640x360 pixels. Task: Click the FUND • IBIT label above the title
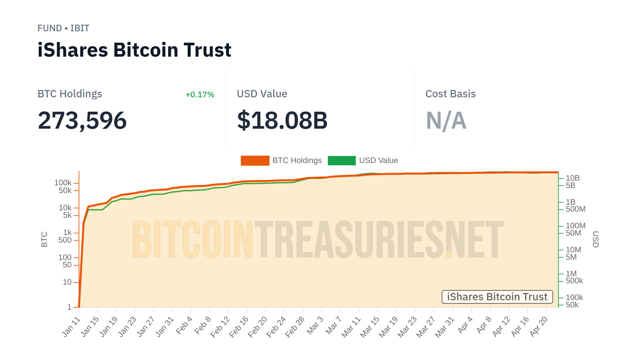(63, 28)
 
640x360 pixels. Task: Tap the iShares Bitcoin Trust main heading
(134, 50)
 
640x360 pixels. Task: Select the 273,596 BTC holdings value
(82, 120)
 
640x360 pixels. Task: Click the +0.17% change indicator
(200, 95)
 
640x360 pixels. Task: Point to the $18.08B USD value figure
(282, 120)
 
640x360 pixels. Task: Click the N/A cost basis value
(446, 120)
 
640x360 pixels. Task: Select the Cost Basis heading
(450, 94)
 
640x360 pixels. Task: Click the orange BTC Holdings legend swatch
(255, 161)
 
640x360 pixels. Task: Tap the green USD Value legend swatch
(342, 161)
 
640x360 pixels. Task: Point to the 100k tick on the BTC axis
(63, 183)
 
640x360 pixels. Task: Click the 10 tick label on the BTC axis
(67, 282)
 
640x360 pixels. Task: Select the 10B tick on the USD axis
(573, 178)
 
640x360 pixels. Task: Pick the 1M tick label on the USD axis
(571, 274)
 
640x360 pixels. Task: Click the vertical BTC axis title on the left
(44, 239)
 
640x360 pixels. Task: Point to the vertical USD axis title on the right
(596, 239)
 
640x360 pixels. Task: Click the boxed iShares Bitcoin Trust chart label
(497, 297)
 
